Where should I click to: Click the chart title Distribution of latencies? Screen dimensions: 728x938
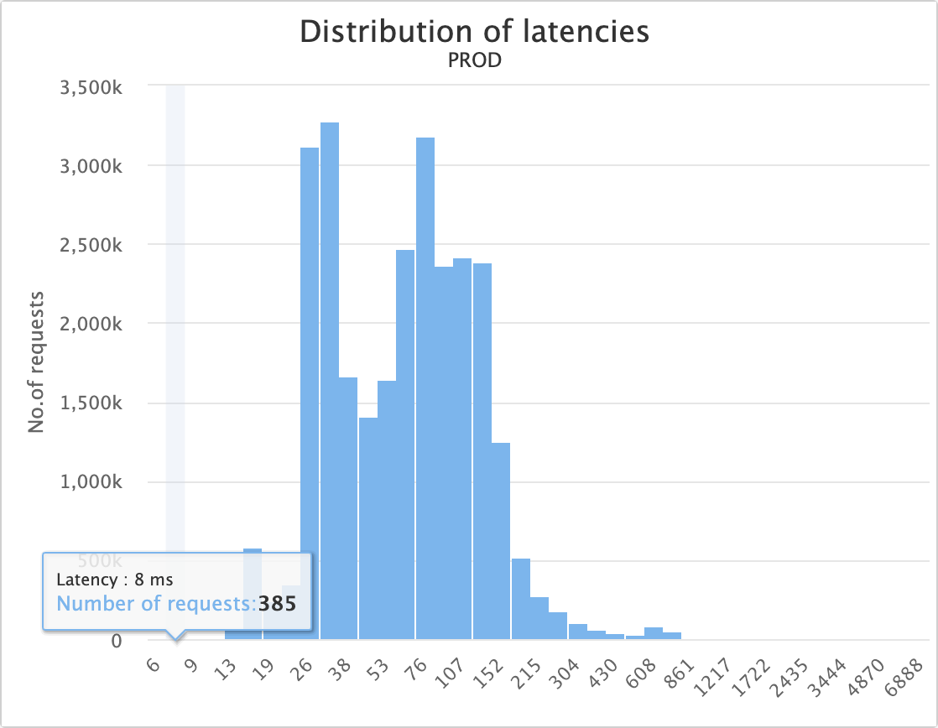pyautogui.click(x=474, y=32)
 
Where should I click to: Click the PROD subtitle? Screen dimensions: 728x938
pyautogui.click(x=475, y=61)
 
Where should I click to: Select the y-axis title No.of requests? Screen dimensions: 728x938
pyautogui.click(x=35, y=362)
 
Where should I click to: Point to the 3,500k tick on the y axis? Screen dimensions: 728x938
pyautogui.click(x=92, y=86)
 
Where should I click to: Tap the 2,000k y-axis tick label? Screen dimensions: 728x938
pyautogui.click(x=92, y=324)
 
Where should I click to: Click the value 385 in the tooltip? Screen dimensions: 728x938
pyautogui.click(x=277, y=603)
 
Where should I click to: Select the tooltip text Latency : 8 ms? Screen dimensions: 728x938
pyautogui.click(x=115, y=580)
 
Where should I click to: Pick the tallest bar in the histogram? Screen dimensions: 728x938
pyautogui.click(x=330, y=377)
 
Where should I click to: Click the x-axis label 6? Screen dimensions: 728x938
pyautogui.click(x=154, y=666)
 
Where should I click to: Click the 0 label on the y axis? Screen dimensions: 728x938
pyautogui.click(x=116, y=641)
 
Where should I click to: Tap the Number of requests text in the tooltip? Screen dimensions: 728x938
pyautogui.click(x=157, y=603)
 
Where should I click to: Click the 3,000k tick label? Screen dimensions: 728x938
pyautogui.click(x=92, y=165)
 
